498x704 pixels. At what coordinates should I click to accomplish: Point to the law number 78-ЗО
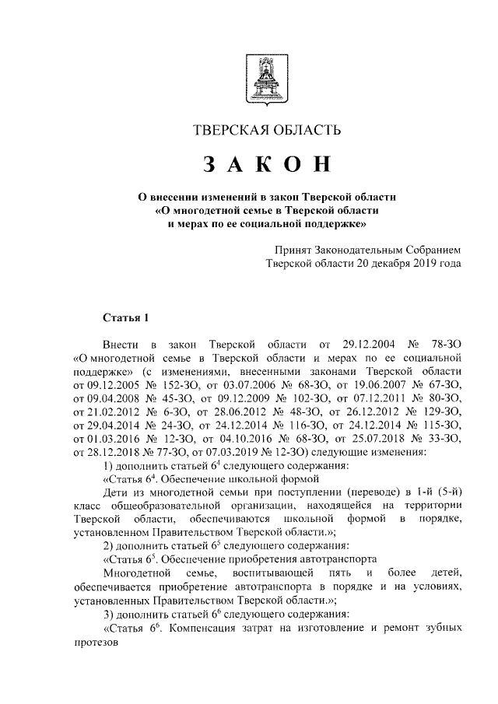444,345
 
